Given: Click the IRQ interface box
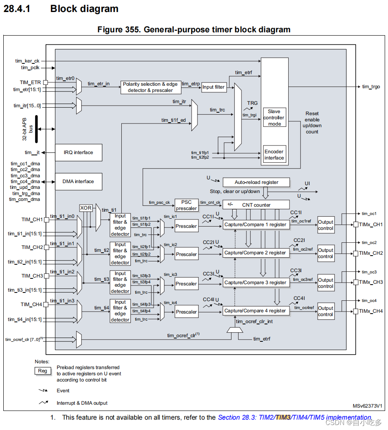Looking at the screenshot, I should pyautogui.click(x=78, y=152).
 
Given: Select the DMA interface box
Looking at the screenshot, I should pyautogui.click(x=78, y=181).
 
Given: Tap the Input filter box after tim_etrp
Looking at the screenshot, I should pyautogui.click(x=214, y=87).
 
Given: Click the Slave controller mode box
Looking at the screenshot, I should pyautogui.click(x=274, y=118).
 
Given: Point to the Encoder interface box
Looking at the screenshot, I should pyautogui.click(x=274, y=155).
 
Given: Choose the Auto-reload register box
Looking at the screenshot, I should pyautogui.click(x=256, y=182).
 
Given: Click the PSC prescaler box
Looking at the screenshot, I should pyautogui.click(x=186, y=205).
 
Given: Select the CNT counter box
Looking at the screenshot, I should pyautogui.click(x=256, y=205).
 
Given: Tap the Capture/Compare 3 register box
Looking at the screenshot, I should pyautogui.click(x=255, y=283).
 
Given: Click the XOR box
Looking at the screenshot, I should pyautogui.click(x=86, y=208).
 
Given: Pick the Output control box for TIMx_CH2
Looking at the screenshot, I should pyautogui.click(x=325, y=253).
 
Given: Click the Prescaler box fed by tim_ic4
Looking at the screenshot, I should pyautogui.click(x=186, y=312).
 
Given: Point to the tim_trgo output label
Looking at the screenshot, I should pyautogui.click(x=371, y=87).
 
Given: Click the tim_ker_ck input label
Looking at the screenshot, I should pyautogui.click(x=27, y=61).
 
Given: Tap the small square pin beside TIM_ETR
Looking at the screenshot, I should pyautogui.click(x=46, y=82).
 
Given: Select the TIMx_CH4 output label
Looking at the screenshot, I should pyautogui.click(x=371, y=311).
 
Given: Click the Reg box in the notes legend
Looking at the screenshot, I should pyautogui.click(x=43, y=371).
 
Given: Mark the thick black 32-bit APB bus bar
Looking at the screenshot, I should pyautogui.click(x=36, y=129).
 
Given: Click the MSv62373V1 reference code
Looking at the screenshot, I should pyautogui.click(x=367, y=406).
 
